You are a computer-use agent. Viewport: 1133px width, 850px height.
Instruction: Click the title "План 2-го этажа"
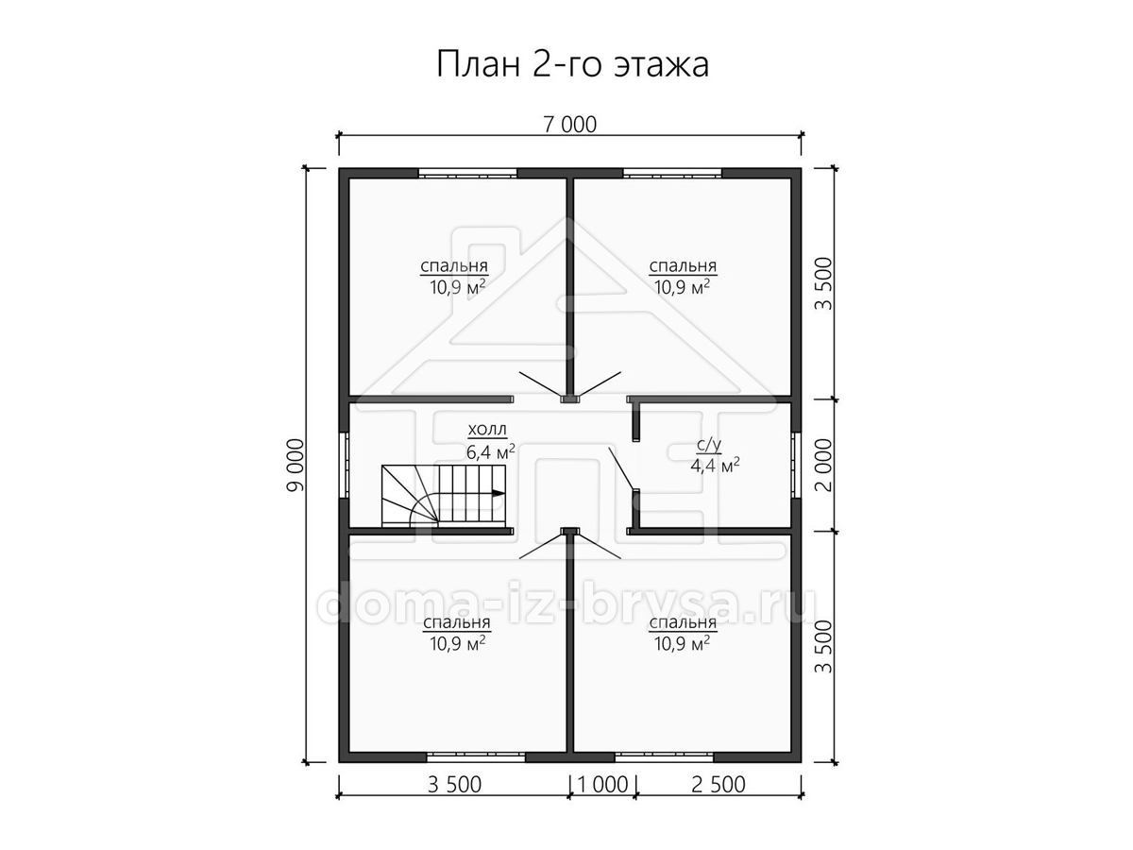coord(572,64)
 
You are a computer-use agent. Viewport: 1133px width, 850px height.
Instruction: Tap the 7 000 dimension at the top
coord(570,125)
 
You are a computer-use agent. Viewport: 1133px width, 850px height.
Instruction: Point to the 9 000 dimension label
coord(296,465)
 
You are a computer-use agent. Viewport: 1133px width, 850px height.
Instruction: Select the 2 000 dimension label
coord(822,465)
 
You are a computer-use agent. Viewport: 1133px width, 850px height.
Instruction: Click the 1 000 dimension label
coord(602,785)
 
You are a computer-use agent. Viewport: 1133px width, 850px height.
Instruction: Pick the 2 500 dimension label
coord(718,785)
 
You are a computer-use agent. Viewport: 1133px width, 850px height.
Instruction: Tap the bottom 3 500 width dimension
coord(454,785)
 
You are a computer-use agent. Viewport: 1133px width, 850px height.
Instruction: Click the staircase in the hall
coord(444,496)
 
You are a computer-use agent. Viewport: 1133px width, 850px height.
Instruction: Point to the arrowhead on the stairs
coord(499,493)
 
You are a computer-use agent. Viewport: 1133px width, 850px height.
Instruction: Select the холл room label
coord(487,430)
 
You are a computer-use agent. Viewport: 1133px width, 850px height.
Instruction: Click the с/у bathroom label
coord(709,444)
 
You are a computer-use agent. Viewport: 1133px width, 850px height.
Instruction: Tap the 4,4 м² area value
coord(715,466)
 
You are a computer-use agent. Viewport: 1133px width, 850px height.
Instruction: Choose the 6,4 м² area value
coord(491,452)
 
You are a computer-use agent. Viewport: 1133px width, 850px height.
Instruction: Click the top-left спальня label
coord(454,267)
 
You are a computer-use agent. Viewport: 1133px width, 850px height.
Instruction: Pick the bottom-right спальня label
coord(683,623)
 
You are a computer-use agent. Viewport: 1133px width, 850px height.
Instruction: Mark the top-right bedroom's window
coord(672,174)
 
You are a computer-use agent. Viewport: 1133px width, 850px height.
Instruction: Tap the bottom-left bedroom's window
coord(476,757)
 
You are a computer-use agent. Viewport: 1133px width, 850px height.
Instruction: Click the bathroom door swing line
coord(621,468)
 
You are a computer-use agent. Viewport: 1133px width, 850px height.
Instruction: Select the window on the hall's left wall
coord(344,465)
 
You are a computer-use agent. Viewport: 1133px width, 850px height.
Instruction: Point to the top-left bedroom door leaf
coord(540,385)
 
